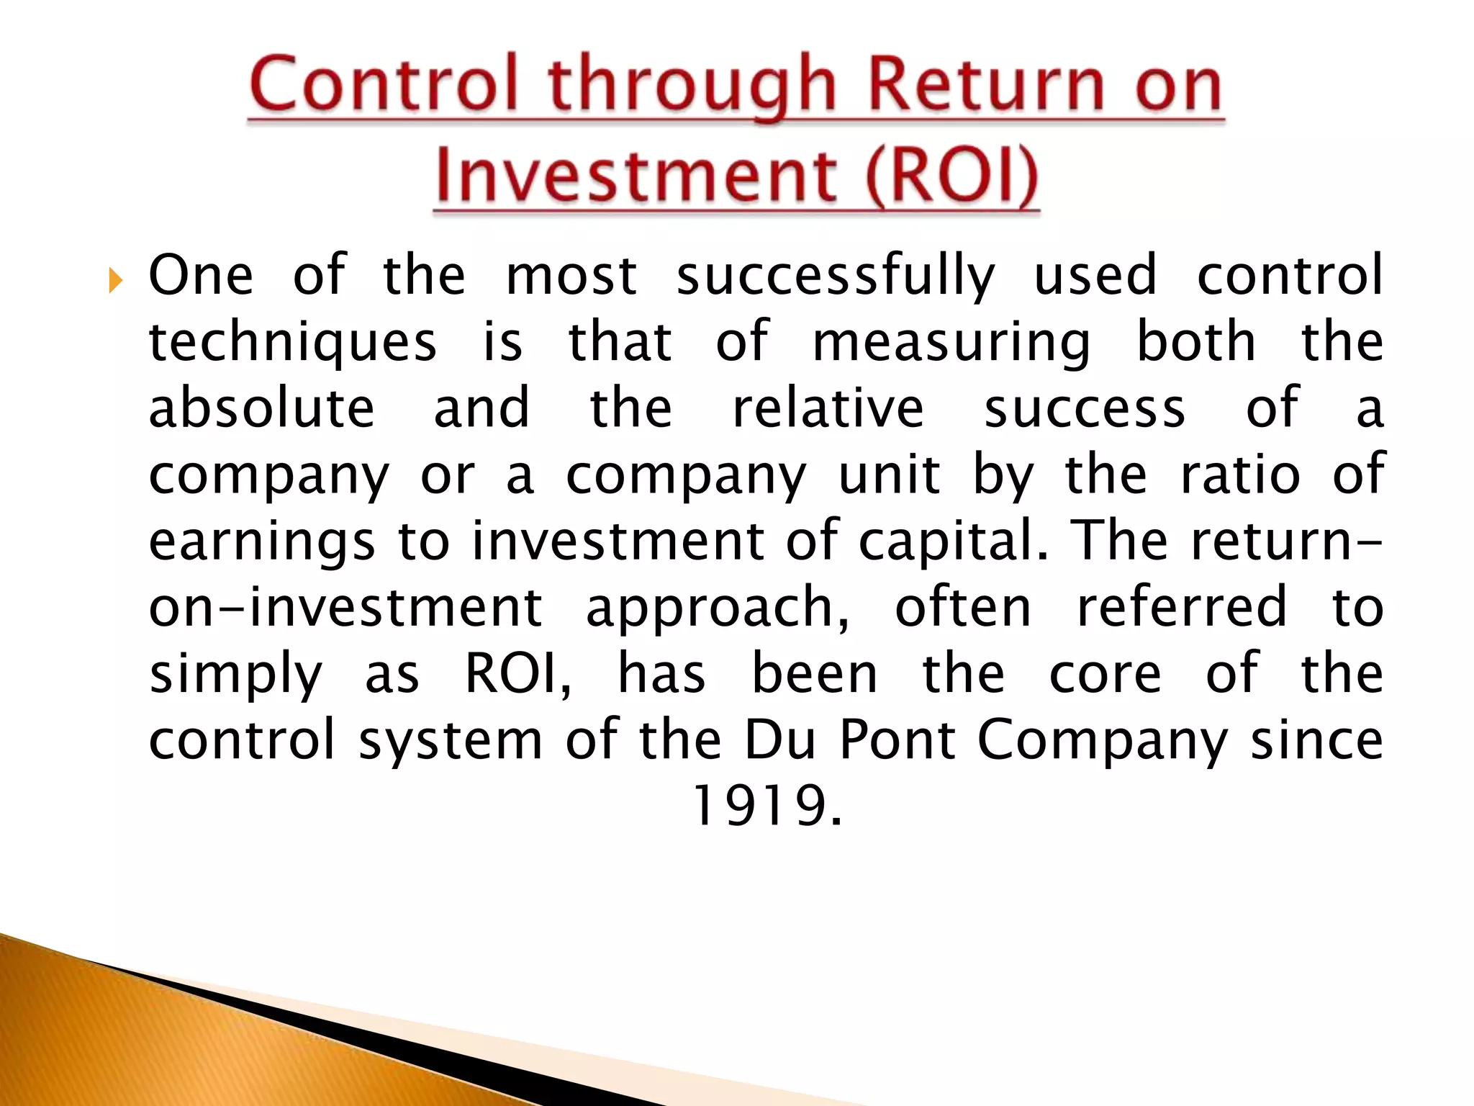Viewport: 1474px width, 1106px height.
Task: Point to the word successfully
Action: [836, 276]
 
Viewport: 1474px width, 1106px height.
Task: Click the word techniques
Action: [292, 342]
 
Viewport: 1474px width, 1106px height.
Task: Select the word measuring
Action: [951, 342]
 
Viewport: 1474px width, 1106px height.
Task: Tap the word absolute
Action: [261, 408]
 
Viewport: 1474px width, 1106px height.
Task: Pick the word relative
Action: [828, 408]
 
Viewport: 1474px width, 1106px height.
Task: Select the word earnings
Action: [261, 542]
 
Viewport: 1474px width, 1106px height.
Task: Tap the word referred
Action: [1181, 607]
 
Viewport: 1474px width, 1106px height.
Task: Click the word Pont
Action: [897, 740]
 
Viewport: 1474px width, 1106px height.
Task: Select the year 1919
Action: [765, 806]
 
